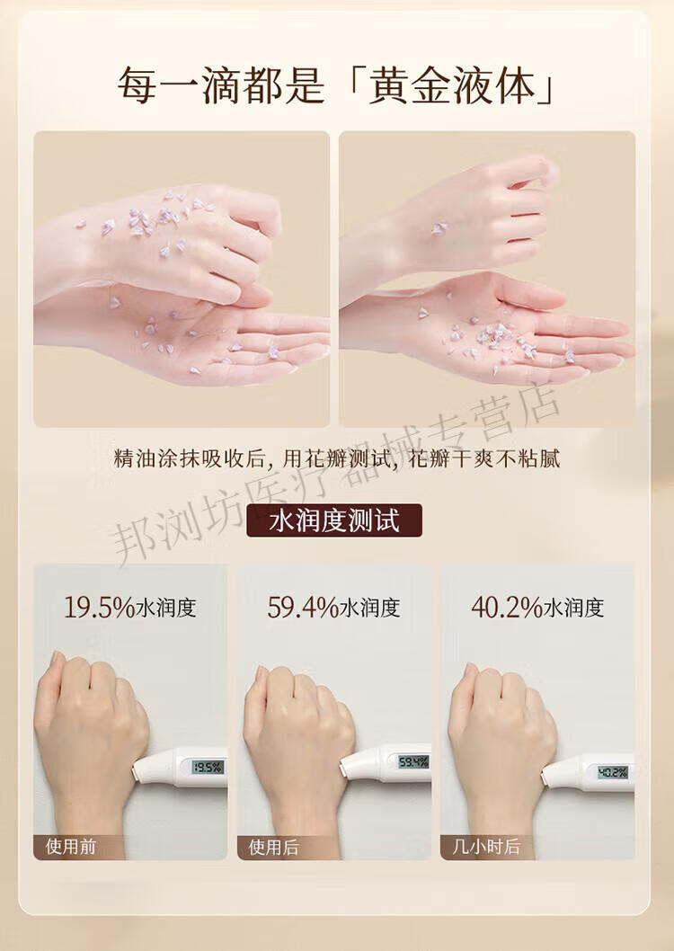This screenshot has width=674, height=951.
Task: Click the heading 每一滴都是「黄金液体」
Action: tap(336, 84)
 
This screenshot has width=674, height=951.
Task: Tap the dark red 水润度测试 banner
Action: tap(334, 520)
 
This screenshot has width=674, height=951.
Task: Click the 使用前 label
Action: tap(71, 846)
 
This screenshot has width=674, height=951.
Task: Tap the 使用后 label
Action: tap(274, 846)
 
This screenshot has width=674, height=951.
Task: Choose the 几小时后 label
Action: tap(486, 846)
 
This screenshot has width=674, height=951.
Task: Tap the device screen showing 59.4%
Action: tap(413, 761)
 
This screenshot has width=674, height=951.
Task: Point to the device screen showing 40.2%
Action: tap(613, 772)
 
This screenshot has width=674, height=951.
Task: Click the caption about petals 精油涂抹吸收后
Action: tap(336, 458)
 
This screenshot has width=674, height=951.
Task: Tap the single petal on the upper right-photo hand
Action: tap(439, 228)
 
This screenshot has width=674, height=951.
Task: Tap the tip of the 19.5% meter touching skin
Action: tap(135, 771)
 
